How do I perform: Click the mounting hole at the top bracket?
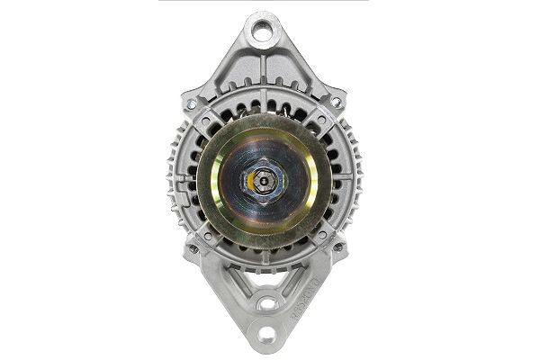(x=264, y=33)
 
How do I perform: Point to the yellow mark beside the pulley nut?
(x=249, y=182)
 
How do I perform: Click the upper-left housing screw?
(x=191, y=103)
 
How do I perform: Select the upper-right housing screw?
(x=337, y=103)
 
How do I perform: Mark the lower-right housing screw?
(x=338, y=247)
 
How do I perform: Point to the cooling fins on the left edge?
(x=174, y=175)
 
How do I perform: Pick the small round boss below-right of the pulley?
(x=321, y=236)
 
